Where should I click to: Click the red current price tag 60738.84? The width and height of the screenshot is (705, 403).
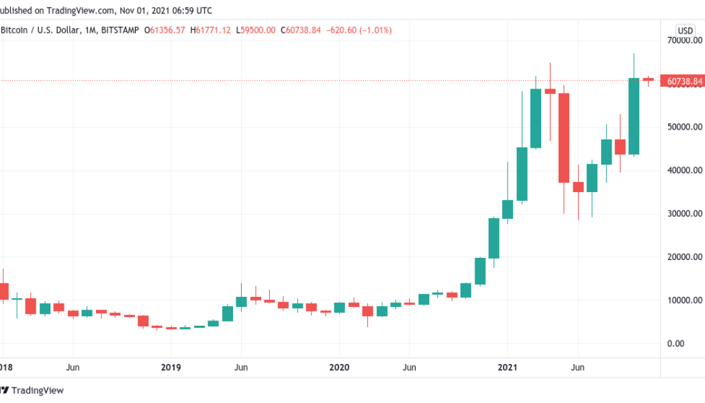click(684, 81)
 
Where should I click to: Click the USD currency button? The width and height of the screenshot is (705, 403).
click(686, 30)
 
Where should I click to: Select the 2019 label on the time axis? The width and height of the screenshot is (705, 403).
click(171, 367)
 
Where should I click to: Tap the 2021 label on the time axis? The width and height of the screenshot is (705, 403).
click(508, 367)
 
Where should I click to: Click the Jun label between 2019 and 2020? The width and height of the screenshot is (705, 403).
click(241, 367)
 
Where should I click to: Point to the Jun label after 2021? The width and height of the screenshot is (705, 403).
click(577, 367)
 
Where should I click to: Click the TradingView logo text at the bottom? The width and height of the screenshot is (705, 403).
click(36, 390)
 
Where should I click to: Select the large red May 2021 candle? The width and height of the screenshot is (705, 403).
click(563, 138)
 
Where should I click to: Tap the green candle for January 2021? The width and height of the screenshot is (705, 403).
click(508, 209)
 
